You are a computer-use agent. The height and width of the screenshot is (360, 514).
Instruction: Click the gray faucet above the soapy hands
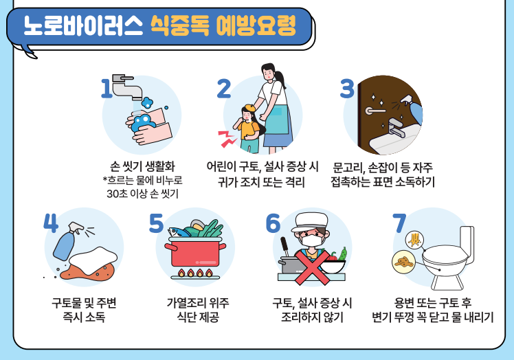coord(126,87)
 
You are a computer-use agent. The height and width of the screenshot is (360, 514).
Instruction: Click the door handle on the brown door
coord(375,110)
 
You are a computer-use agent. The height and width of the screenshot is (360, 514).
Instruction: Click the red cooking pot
coord(195,252)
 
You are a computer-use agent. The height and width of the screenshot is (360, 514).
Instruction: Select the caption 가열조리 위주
coord(198,303)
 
